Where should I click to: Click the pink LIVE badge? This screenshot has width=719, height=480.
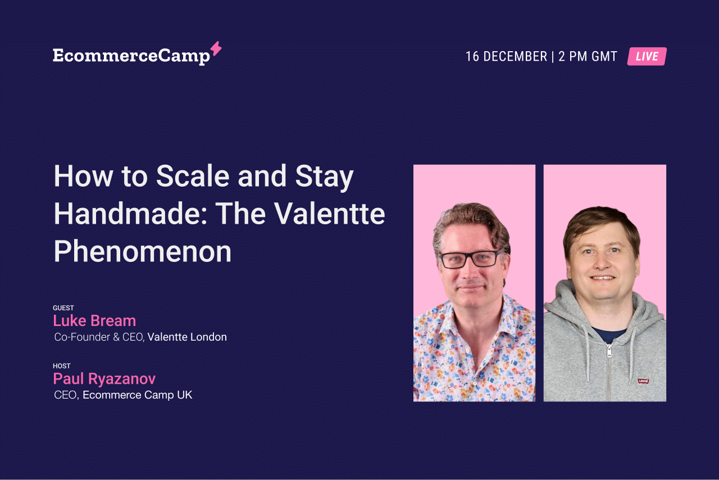click(647, 56)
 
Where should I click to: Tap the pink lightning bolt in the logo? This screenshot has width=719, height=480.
click(216, 48)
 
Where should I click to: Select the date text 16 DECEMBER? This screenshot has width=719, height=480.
click(506, 57)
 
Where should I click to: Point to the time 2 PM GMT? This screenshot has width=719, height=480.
click(588, 57)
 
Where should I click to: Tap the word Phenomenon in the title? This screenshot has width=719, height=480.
click(143, 252)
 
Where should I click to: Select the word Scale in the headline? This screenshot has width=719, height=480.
click(193, 176)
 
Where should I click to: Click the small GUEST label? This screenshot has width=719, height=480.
click(63, 308)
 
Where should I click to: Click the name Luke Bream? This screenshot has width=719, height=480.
click(94, 320)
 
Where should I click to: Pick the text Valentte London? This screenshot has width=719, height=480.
click(187, 337)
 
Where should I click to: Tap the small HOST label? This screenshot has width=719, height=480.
click(62, 366)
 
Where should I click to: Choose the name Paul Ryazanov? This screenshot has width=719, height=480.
click(104, 379)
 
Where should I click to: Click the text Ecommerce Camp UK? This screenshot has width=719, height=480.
click(138, 395)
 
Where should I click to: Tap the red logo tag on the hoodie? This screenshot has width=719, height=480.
click(643, 381)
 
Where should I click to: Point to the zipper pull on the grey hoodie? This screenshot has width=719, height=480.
click(609, 351)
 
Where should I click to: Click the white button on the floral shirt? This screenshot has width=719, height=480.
click(474, 384)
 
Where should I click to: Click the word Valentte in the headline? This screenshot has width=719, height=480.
click(329, 214)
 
